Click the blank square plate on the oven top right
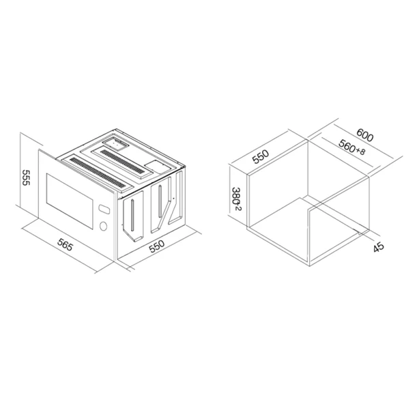click(158, 166)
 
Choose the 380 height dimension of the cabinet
click(236, 199)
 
